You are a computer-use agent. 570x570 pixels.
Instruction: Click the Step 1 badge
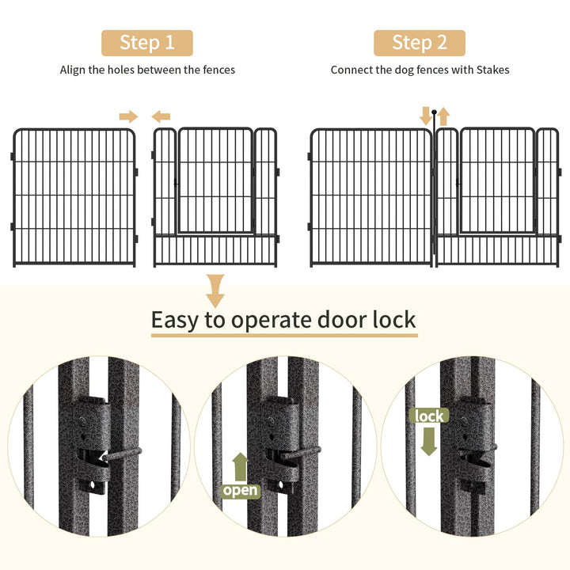146,42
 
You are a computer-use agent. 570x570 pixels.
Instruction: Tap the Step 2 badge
419,42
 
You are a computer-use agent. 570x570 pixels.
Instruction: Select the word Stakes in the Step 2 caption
492,70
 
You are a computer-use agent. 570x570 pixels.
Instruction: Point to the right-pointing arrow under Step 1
128,116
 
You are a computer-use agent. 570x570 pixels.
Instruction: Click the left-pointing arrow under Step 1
161,116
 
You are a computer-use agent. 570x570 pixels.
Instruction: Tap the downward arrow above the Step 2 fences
426,116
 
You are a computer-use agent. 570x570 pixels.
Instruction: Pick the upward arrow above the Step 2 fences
443,116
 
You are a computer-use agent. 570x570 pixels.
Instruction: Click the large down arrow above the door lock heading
215,291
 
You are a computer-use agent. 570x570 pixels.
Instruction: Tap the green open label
240,490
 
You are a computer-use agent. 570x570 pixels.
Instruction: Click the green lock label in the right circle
428,416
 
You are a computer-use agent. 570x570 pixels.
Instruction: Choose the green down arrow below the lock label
428,440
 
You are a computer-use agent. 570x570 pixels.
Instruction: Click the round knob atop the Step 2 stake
435,123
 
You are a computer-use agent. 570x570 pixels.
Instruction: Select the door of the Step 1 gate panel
215,180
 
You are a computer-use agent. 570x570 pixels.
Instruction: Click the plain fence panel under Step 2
371,197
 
